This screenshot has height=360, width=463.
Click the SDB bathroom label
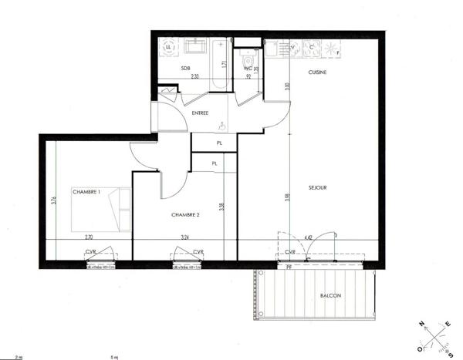(x=185, y=69)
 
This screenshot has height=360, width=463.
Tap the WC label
(x=248, y=69)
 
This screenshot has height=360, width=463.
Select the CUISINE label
(x=316, y=72)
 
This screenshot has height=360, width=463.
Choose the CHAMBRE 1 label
(x=86, y=192)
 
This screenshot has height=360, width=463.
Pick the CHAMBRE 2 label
(x=185, y=215)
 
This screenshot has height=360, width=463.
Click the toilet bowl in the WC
(x=247, y=58)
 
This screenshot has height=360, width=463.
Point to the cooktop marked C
(x=312, y=49)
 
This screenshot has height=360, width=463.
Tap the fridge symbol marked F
(x=332, y=49)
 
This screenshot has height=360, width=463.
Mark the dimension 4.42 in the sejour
(x=308, y=238)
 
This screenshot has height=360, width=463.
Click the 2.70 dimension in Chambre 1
(x=88, y=238)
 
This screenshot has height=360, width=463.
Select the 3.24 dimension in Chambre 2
(x=185, y=238)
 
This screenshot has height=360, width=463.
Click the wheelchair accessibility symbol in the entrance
(x=221, y=125)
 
